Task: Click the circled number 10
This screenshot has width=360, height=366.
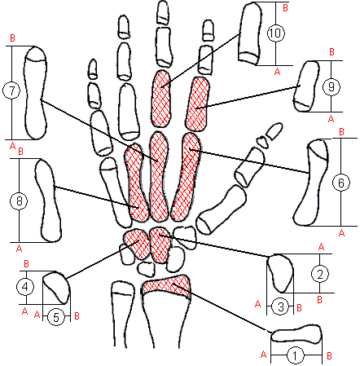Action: point(276,33)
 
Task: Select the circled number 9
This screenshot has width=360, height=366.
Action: point(331,87)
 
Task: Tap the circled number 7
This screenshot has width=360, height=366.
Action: point(11,90)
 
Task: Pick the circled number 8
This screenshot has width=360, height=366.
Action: point(19,201)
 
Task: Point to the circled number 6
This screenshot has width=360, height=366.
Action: point(341,183)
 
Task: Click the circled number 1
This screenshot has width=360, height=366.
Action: point(295,355)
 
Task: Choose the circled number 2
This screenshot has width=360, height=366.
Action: point(320,274)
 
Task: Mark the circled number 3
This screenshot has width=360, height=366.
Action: point(281,306)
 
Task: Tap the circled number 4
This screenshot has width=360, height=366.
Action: point(25,287)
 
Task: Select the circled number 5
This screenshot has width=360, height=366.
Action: point(56,317)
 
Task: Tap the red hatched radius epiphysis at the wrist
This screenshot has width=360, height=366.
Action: point(165,286)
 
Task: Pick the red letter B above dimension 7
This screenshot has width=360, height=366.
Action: point(12,38)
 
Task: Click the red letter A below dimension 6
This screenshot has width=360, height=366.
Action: point(341,232)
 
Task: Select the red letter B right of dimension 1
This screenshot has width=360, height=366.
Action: point(329,355)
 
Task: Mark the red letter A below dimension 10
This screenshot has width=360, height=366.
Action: point(277,72)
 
